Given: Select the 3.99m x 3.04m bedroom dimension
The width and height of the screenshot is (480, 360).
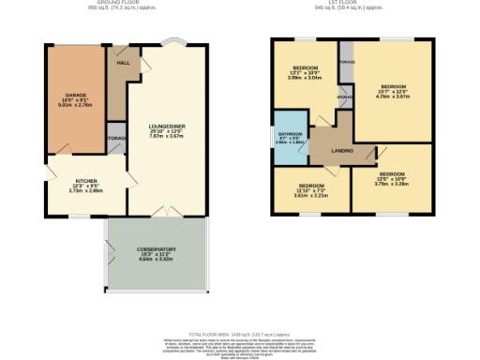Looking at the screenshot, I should pos(305,79).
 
